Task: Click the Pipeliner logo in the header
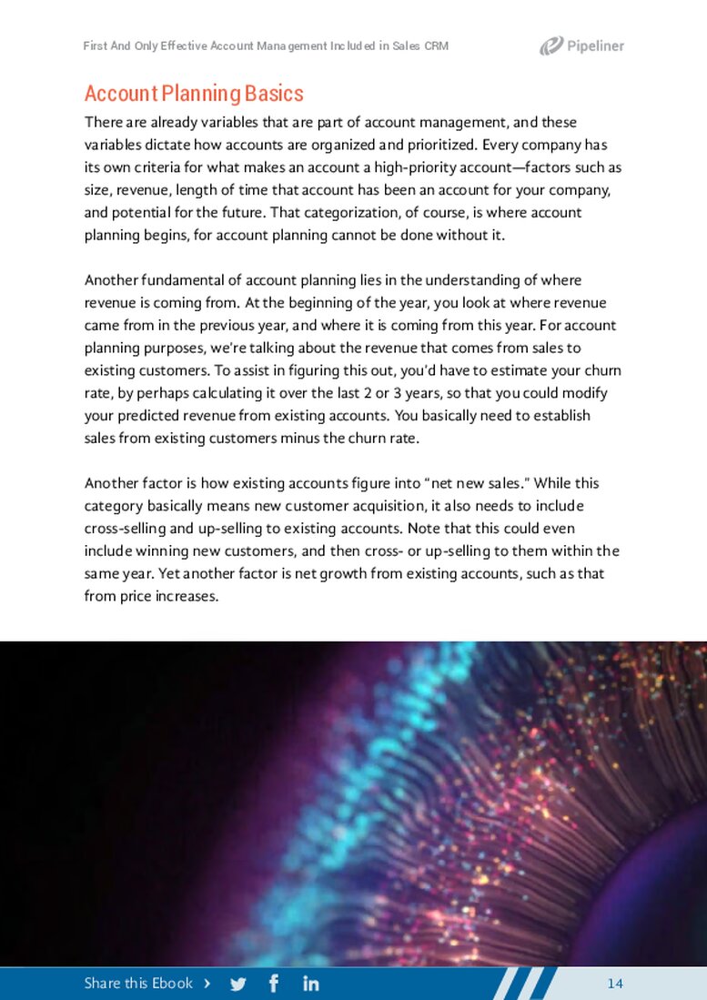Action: (x=581, y=45)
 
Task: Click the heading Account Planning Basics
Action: (x=194, y=94)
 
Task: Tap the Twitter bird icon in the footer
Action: (x=238, y=984)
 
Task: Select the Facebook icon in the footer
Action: (x=274, y=984)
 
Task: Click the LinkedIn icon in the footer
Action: (x=310, y=984)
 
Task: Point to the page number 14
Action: (x=615, y=984)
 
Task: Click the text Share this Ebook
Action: (x=138, y=984)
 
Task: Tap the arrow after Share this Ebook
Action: (x=208, y=984)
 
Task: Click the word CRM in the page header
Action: (x=437, y=45)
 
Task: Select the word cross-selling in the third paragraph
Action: (x=121, y=529)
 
